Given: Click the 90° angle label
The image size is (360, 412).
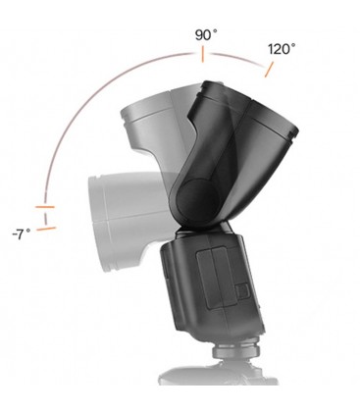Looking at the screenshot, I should (204, 35).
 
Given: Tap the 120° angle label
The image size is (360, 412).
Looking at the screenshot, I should (280, 48).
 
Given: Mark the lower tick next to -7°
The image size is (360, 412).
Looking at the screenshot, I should (45, 229).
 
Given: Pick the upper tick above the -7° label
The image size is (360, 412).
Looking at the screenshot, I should (45, 208).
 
